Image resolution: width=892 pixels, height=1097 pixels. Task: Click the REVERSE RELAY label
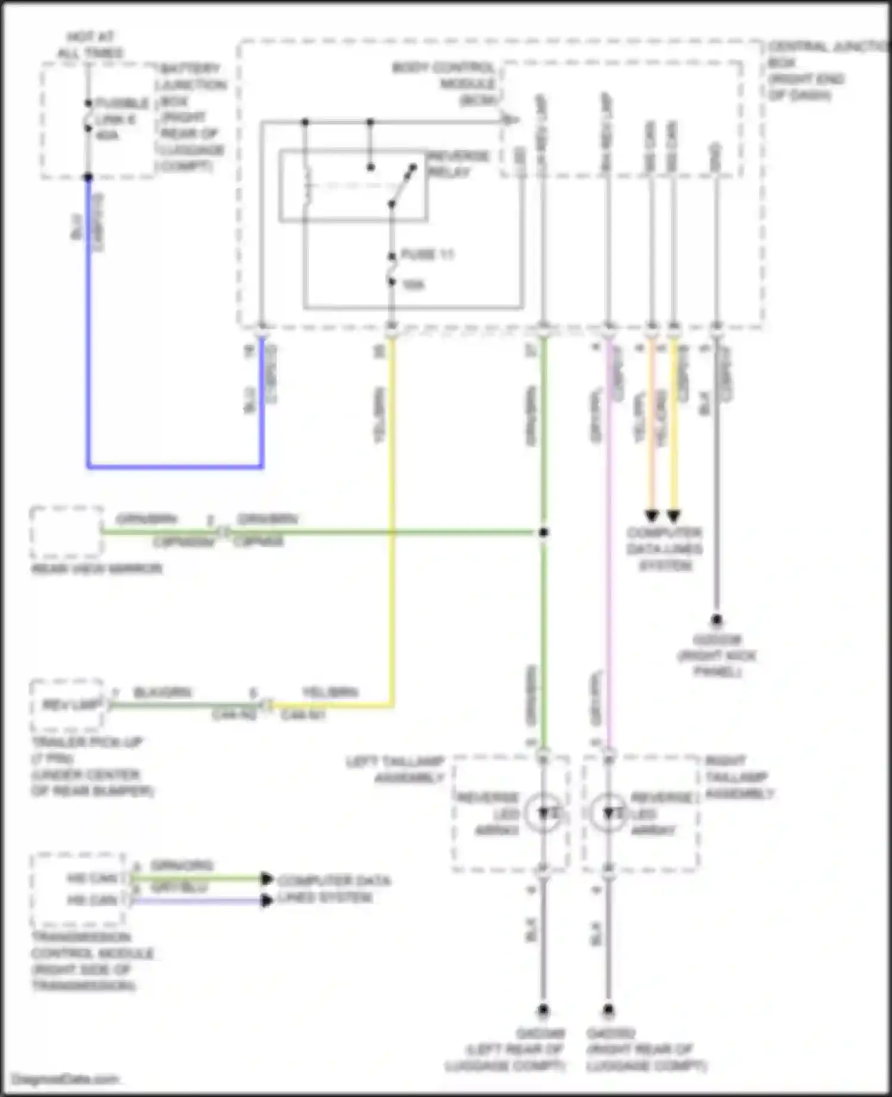pos(458,164)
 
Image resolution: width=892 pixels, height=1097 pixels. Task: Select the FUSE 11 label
pos(427,255)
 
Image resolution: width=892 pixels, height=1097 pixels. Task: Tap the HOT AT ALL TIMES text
pos(90,45)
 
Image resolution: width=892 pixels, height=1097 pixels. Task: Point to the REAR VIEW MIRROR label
pos(96,569)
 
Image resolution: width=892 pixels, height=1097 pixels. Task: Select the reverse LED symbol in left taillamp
pos(544,812)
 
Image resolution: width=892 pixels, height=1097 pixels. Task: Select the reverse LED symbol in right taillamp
pos(608,812)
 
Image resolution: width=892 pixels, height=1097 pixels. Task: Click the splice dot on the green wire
pos(543,532)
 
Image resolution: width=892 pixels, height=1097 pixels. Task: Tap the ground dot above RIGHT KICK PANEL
pos(717,620)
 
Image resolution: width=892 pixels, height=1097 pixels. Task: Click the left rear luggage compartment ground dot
pos(543,1010)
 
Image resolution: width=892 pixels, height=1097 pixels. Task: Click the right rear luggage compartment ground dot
pos(608,1010)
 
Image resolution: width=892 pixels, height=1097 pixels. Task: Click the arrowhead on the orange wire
pos(652,515)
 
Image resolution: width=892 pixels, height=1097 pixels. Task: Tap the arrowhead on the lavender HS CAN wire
pos(267,901)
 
